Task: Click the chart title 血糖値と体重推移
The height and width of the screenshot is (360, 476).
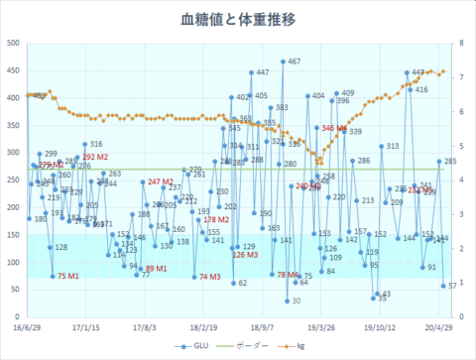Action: coord(237,19)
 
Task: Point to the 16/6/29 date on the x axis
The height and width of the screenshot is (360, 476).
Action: coord(28,323)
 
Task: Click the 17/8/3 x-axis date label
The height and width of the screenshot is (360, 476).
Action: coord(145,323)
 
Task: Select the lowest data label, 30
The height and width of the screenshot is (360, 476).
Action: coord(295,300)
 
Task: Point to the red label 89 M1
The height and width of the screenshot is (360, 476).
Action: coord(156,269)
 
